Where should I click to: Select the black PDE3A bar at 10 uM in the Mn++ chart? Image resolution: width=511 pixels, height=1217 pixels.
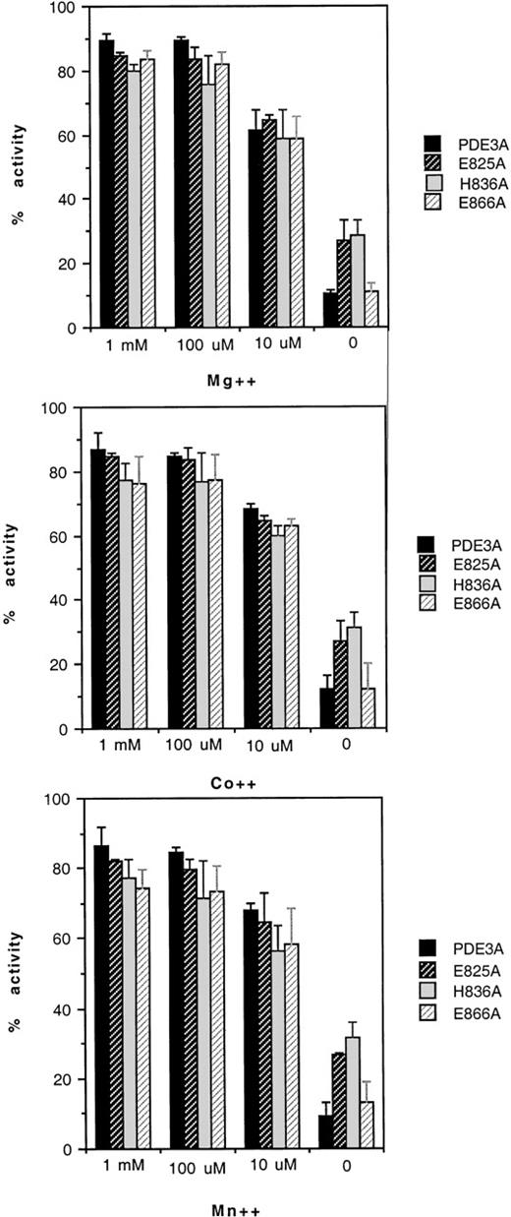pos(252,1029)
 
